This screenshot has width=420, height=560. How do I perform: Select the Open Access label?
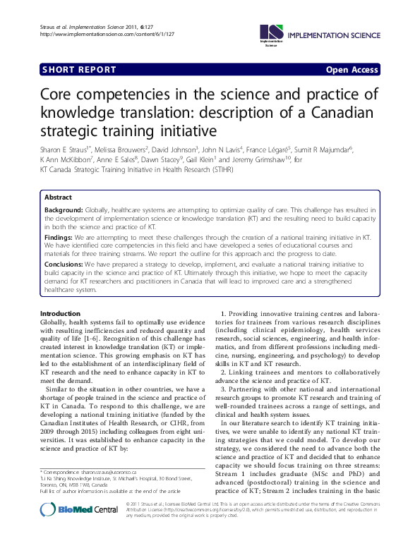(x=351, y=70)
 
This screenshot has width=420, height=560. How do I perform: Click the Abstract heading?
(x=58, y=197)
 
